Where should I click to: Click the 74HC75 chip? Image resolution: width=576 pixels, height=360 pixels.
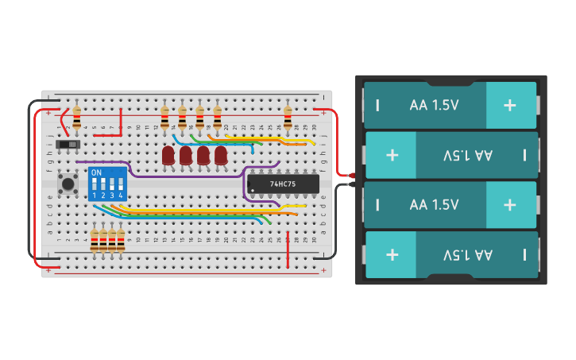283,184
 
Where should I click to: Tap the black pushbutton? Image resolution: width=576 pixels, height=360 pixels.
69,184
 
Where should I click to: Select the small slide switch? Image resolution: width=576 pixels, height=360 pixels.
72,145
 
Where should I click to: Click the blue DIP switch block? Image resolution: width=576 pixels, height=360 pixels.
107,184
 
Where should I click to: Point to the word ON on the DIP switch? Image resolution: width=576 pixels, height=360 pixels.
96,172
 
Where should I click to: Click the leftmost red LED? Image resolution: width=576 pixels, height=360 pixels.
168,155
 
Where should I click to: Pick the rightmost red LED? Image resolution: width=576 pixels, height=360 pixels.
220,155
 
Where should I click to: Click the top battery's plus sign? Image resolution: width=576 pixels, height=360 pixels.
509,105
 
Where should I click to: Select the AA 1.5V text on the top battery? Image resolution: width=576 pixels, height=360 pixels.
434,105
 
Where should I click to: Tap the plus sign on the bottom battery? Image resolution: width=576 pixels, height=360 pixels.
392,254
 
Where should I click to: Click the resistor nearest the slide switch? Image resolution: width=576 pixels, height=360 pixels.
76,118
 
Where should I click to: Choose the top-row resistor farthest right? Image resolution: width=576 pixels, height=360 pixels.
288,118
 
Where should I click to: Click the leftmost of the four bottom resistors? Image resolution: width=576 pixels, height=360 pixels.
95,240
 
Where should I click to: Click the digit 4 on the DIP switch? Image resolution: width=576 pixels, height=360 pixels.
121,195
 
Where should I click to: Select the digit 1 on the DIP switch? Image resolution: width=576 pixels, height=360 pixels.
94,195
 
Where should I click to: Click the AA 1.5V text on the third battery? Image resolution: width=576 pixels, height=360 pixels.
434,204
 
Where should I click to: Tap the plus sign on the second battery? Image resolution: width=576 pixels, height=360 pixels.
392,154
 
